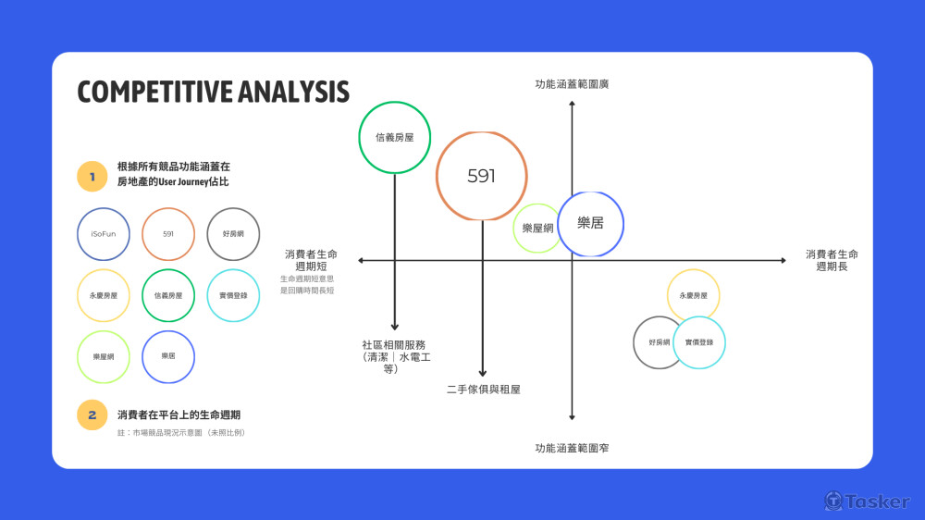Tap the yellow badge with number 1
[92, 175]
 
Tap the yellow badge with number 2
[92, 415]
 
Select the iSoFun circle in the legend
[104, 234]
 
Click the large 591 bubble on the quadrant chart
[482, 176]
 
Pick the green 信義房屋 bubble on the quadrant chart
[395, 137]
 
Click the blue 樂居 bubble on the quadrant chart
[590, 224]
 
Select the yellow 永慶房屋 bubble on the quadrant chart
[693, 295]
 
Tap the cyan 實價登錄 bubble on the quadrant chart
[699, 342]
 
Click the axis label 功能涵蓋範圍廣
[572, 84]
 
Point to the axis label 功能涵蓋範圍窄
[572, 448]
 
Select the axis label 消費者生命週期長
[832, 260]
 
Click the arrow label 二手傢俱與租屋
[483, 390]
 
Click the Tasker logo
[867, 501]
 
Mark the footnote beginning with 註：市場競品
[180, 433]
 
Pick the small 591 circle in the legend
[168, 234]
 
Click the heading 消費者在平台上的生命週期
[185, 415]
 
